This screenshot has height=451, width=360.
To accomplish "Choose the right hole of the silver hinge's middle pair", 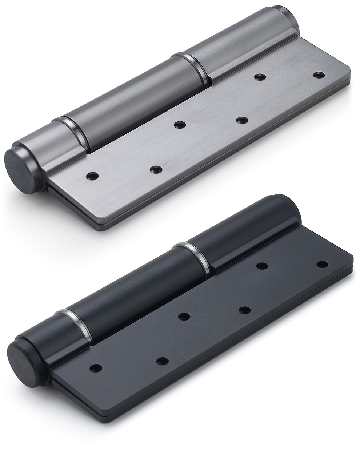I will click(240, 120).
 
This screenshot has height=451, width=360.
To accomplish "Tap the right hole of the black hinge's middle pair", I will click(244, 310).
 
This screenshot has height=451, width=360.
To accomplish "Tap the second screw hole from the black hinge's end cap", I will click(162, 361).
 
